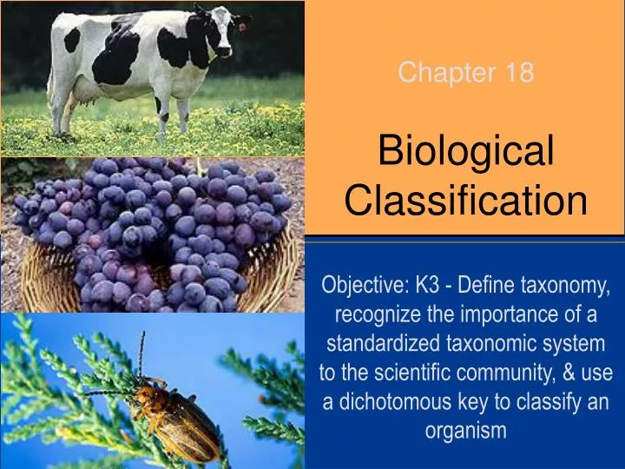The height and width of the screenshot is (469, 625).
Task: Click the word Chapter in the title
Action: coord(439,74)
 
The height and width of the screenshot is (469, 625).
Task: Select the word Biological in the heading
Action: coord(466,153)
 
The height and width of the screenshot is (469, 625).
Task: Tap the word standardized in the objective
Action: coord(377,344)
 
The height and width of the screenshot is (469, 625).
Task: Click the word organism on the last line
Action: coord(466,431)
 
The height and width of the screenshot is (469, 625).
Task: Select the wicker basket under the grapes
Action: coord(52,278)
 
